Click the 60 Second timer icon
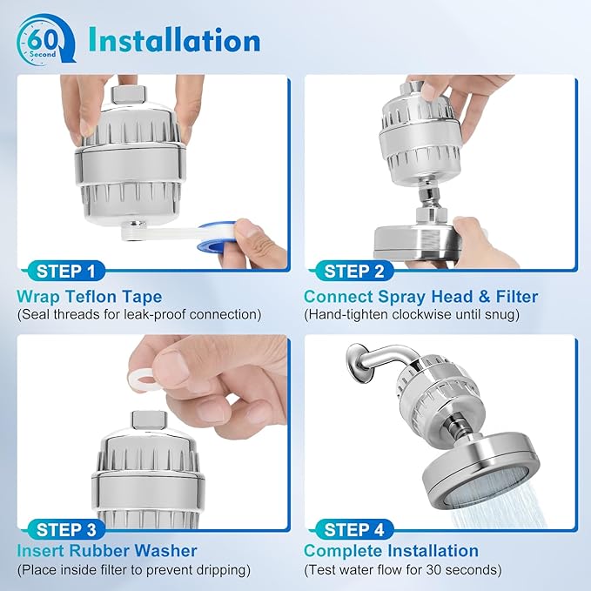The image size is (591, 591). [x=41, y=40]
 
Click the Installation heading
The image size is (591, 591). [x=172, y=40]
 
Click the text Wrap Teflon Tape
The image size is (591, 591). [x=89, y=297]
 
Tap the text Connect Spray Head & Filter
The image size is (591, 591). [x=420, y=297]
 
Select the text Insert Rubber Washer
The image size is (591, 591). [x=106, y=551]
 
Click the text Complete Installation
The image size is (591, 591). [x=391, y=551]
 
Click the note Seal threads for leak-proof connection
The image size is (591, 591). [x=138, y=315]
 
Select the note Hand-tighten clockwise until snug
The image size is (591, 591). [x=411, y=315]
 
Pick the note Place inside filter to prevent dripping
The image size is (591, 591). [x=133, y=570]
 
